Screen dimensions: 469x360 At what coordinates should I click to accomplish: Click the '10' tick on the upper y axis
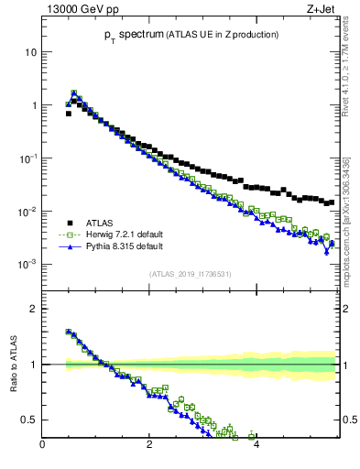point(30,52)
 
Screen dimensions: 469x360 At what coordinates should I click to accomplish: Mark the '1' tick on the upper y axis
point(33,105)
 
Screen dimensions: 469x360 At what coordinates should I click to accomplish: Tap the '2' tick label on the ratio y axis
point(33,309)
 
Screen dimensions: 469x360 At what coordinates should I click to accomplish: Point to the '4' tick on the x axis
point(256,446)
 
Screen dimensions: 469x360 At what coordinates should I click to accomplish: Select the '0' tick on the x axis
point(42,446)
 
